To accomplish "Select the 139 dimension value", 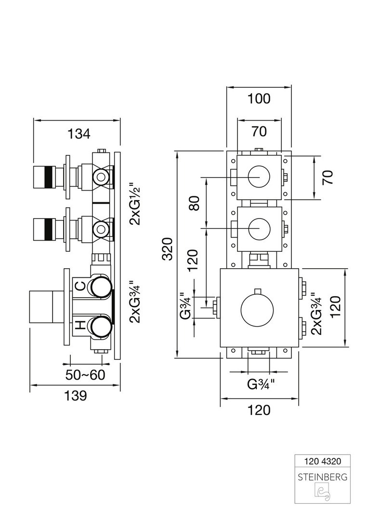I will click(76, 396).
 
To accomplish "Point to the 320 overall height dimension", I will click(167, 249).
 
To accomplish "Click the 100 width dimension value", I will click(259, 99).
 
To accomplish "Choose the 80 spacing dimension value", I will click(194, 203).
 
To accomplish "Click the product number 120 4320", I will click(323, 461).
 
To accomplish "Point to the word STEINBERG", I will click(323, 478).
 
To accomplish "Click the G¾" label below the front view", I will click(261, 384).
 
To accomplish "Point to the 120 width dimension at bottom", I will click(259, 410).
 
